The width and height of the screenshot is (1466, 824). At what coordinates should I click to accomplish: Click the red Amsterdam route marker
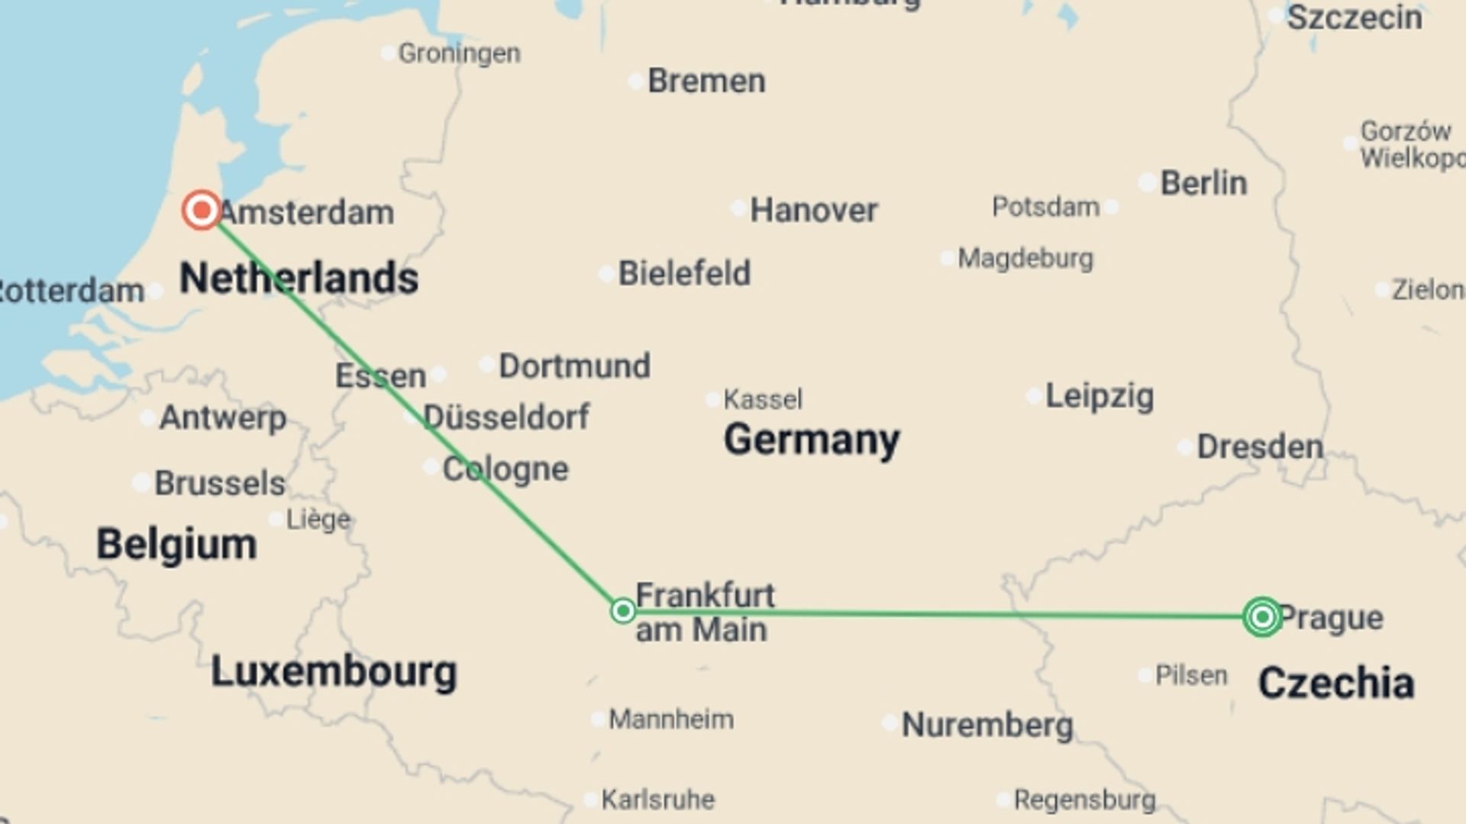point(202,210)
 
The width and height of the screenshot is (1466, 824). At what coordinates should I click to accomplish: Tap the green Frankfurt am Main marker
point(623,610)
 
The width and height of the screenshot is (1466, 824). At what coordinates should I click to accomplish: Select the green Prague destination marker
point(1262,616)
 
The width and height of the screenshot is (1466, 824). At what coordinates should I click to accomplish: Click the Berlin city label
point(1203,183)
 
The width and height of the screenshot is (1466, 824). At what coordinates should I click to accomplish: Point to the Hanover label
point(813,210)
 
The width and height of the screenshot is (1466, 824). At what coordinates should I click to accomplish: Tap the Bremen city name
point(706,81)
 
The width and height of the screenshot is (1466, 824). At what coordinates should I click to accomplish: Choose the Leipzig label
point(1099,396)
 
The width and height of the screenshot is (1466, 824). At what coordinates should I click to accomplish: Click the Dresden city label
point(1260,447)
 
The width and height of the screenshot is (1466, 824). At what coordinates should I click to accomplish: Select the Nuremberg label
point(987,725)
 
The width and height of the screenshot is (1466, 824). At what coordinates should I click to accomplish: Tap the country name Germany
point(812,440)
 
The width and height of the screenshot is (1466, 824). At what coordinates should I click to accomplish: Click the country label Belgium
point(176,545)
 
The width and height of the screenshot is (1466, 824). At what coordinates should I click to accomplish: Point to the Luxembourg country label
point(334,672)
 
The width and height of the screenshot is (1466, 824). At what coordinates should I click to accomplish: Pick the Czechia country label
point(1335,683)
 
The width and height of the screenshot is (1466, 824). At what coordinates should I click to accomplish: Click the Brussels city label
point(220,484)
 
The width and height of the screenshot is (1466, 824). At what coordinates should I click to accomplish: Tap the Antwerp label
point(223,418)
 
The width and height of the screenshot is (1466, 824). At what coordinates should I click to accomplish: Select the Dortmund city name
point(574,366)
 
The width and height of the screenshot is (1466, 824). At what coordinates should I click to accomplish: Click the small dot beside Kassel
point(712,399)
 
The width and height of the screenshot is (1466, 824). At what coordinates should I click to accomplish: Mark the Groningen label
point(459,53)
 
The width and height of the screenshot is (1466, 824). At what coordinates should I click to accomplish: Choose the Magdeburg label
point(1025,259)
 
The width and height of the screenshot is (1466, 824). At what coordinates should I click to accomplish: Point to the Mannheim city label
point(670,719)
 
